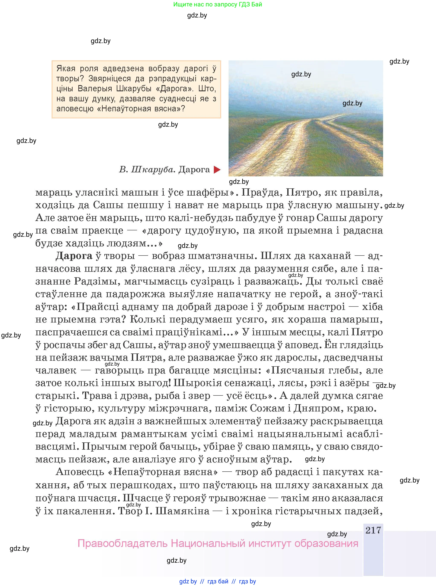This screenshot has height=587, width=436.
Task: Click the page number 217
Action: click(373, 530)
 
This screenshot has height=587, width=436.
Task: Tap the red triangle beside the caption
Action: click(217, 170)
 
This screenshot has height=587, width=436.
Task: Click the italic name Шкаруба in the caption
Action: click(153, 169)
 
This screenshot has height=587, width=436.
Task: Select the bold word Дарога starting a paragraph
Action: click(74, 256)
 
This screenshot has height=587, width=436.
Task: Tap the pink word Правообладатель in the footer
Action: click(122, 544)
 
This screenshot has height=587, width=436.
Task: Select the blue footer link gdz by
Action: click(188, 581)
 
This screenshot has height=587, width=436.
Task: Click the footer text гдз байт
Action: click(218, 581)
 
